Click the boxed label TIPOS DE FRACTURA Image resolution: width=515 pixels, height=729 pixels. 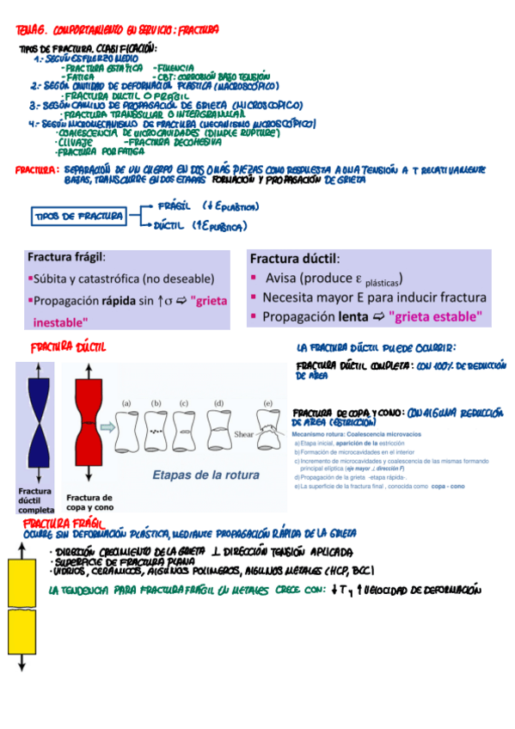click(x=77, y=216)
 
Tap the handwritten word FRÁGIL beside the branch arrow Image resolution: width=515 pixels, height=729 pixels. click(x=175, y=207)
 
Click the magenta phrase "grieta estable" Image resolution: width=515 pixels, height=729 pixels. click(x=435, y=316)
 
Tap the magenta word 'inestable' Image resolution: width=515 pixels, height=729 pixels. click(x=60, y=323)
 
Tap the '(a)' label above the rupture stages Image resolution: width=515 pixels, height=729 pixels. click(x=126, y=402)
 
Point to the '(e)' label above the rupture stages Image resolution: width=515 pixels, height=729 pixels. click(x=267, y=402)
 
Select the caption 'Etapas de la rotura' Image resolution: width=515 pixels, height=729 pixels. click(x=197, y=474)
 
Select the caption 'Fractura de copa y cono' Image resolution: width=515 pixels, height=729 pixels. click(x=89, y=502)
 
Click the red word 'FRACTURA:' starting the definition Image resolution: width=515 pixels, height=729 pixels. click(x=35, y=170)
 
